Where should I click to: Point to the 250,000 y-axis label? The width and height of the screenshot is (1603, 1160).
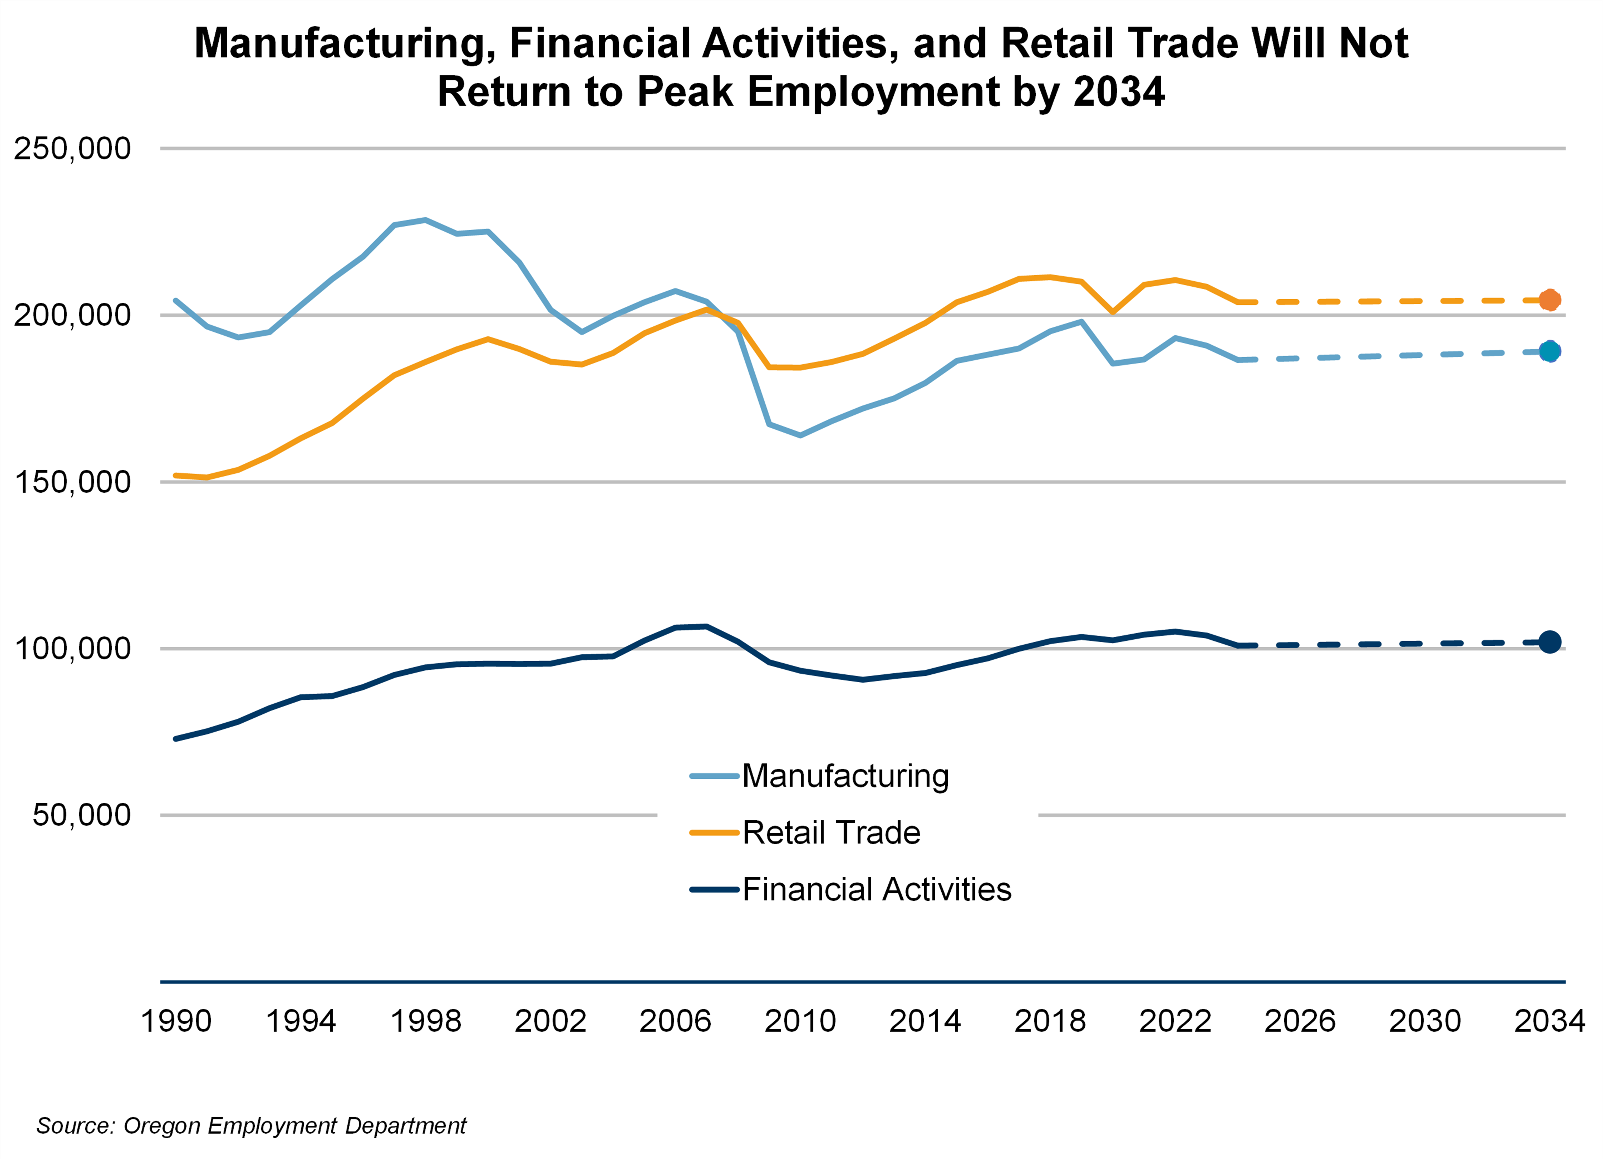(x=72, y=149)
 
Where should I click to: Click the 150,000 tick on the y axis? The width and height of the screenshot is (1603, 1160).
(x=72, y=482)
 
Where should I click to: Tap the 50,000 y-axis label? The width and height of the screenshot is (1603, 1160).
(x=81, y=815)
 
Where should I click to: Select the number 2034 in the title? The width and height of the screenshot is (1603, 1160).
(x=1118, y=92)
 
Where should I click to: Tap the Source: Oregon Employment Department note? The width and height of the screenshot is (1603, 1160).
(x=251, y=1125)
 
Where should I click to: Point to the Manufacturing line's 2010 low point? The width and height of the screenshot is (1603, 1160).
(x=800, y=435)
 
